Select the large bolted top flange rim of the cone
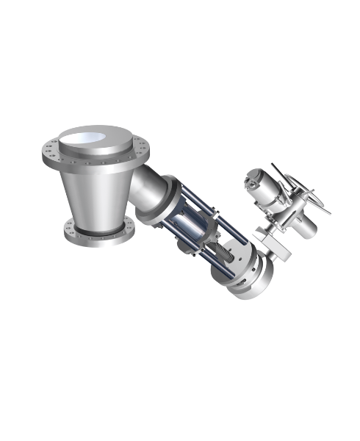coord(55,158)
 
